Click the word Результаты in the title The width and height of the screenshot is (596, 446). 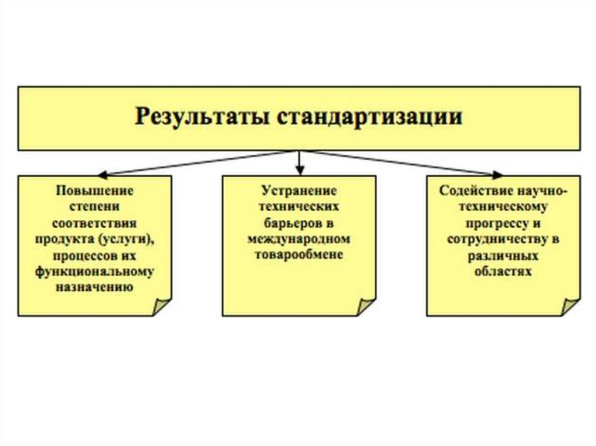201,117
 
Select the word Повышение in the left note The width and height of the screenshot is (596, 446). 95,190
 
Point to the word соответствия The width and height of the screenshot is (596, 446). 95,223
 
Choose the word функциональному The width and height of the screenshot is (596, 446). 95,272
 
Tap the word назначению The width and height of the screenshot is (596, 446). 95,287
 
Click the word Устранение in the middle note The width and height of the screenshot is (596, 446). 299,190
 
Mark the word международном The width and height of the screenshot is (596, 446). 299,239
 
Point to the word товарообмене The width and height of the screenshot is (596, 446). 299,255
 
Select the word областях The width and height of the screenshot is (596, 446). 503,272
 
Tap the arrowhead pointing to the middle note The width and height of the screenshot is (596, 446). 299,172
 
